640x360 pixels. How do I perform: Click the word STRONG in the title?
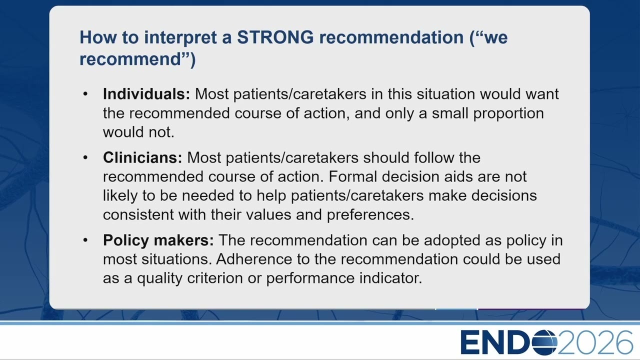pyautogui.click(x=275, y=37)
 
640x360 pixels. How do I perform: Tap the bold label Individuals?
pyautogui.click(x=146, y=94)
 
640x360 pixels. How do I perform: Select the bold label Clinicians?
pyautogui.click(x=142, y=157)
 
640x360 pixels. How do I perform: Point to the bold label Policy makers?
pyautogui.click(x=158, y=240)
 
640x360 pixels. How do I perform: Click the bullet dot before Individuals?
pyautogui.click(x=85, y=94)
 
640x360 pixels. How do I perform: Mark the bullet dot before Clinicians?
pyautogui.click(x=85, y=157)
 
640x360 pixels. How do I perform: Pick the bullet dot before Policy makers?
pyautogui.click(x=85, y=240)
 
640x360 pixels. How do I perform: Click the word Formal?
pyautogui.click(x=352, y=176)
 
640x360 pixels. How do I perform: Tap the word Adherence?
pyautogui.click(x=254, y=259)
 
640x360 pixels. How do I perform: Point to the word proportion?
pyautogui.click(x=508, y=114)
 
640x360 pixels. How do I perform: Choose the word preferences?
pyautogui.click(x=370, y=215)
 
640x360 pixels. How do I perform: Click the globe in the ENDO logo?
pyautogui.click(x=544, y=342)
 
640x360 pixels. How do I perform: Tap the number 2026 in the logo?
pyautogui.click(x=595, y=342)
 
